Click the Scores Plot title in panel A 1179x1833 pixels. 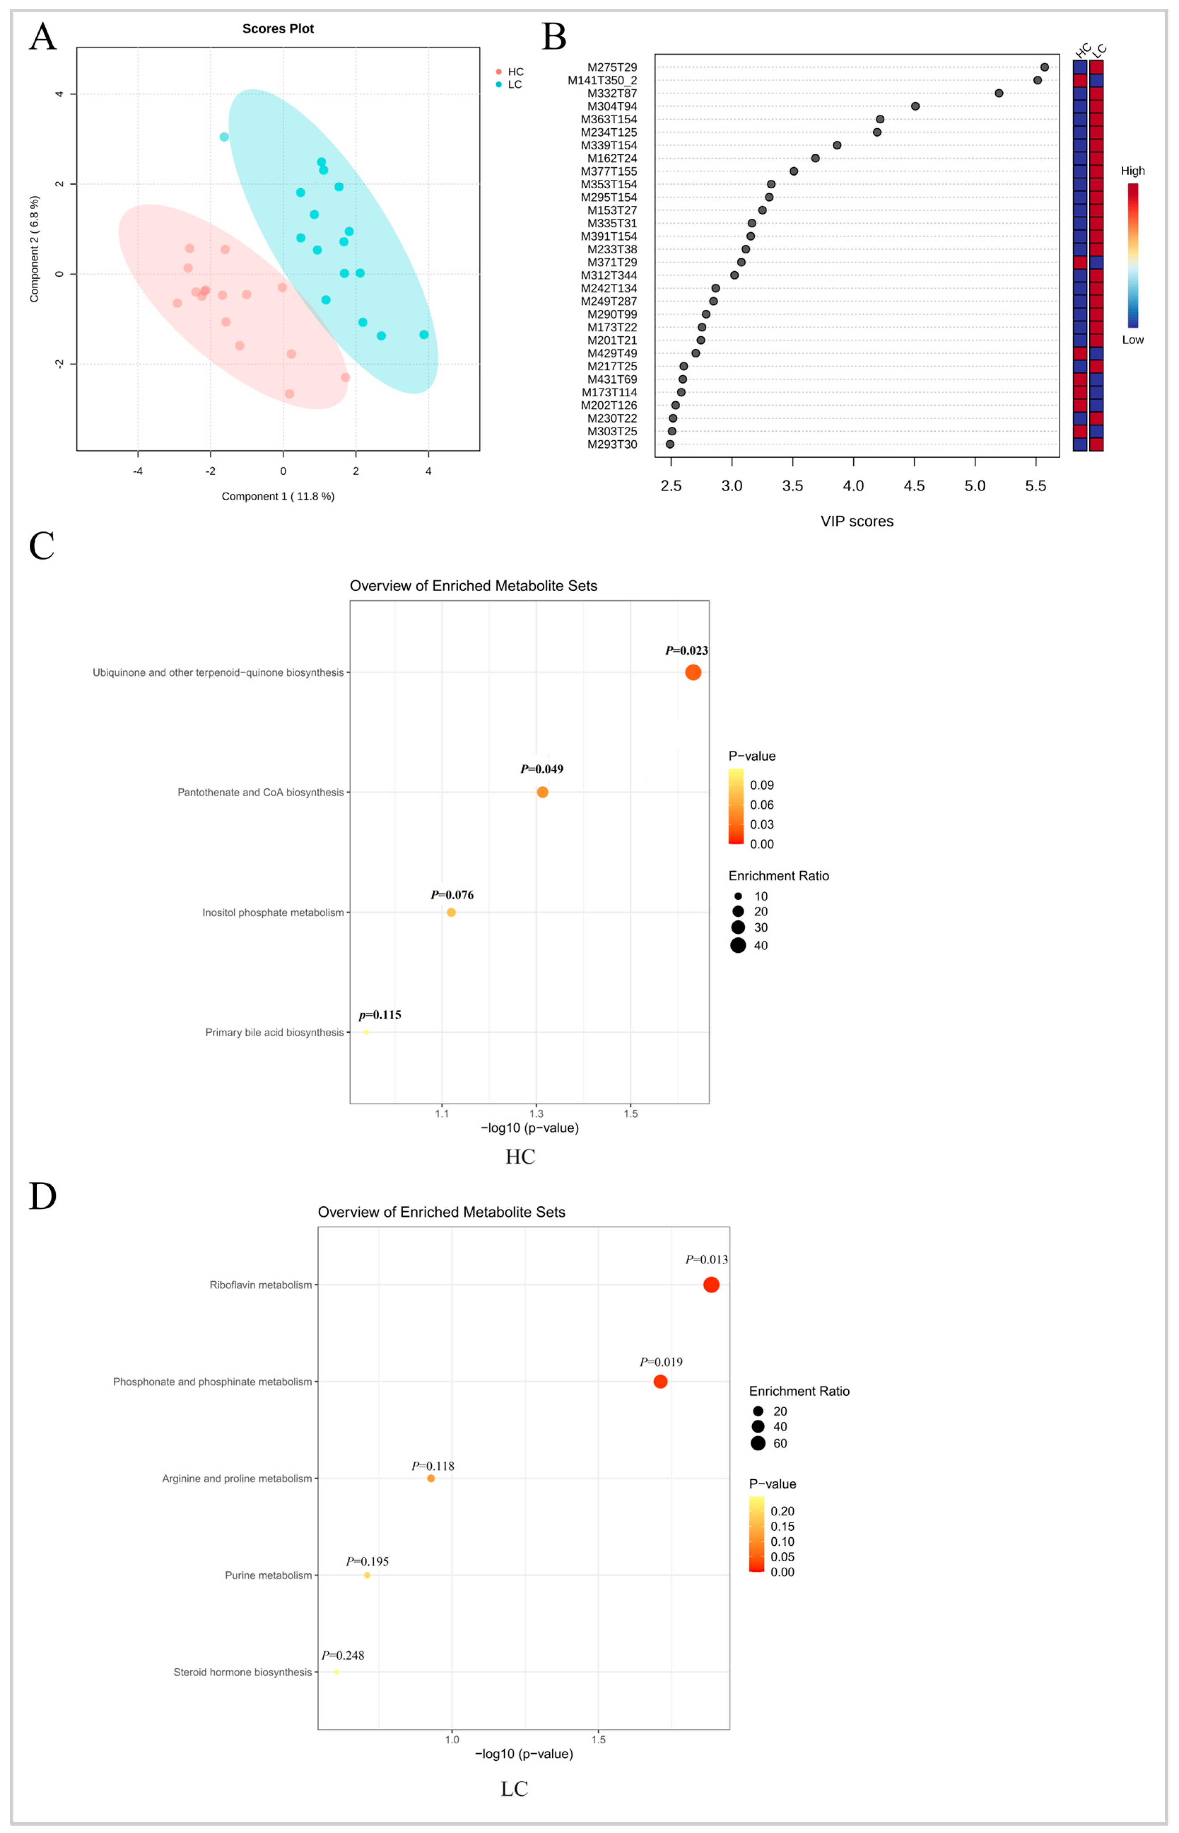point(278,29)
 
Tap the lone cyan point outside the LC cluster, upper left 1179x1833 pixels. point(224,137)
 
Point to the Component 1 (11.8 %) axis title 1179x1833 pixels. point(278,496)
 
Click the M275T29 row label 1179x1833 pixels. point(612,67)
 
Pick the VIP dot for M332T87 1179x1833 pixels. point(998,93)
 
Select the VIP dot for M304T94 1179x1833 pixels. point(915,106)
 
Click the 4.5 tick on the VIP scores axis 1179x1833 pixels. point(914,486)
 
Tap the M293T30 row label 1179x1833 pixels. point(612,444)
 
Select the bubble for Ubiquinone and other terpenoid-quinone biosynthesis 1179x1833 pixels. point(693,672)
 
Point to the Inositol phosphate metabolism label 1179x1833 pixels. point(272,913)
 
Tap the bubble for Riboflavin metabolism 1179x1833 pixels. point(711,1285)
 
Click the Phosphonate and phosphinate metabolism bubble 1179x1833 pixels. point(660,1381)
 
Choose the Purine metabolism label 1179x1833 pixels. point(268,1575)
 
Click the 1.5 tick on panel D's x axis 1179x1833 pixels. point(598,1740)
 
